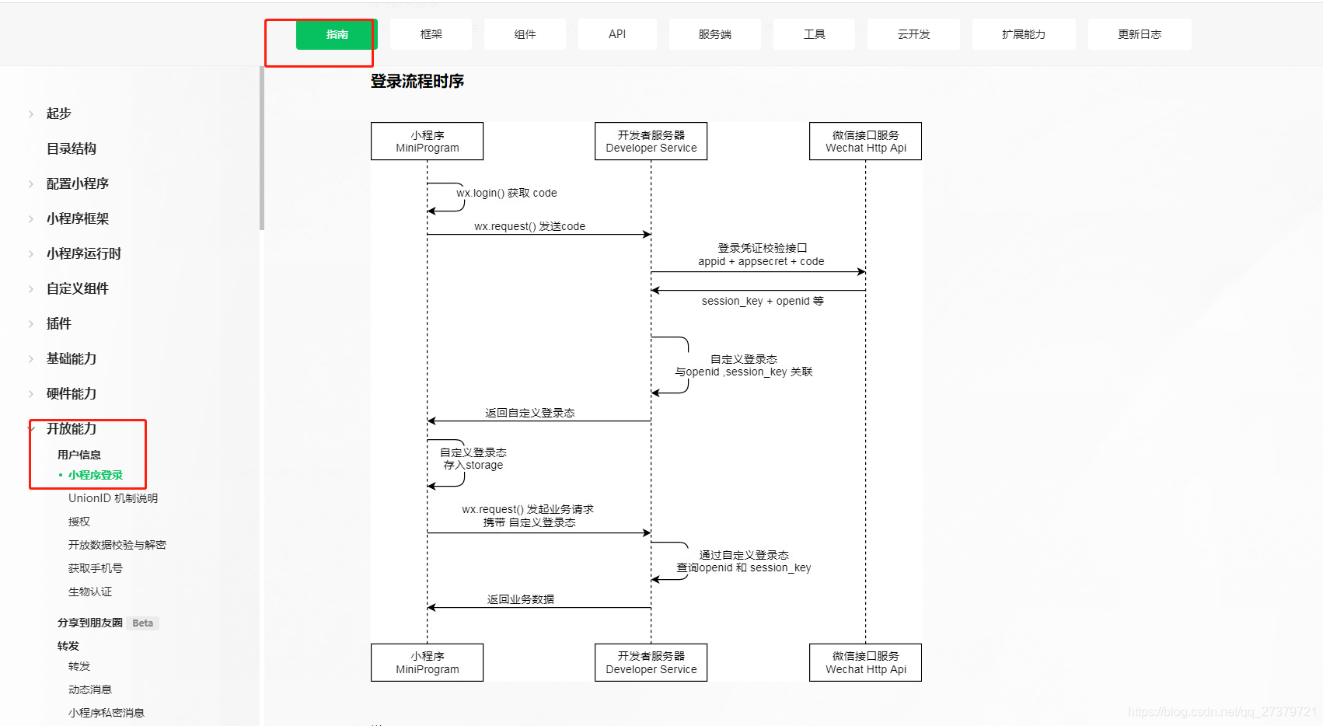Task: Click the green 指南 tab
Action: point(337,34)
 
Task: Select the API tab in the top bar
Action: point(617,34)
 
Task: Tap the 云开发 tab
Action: point(913,34)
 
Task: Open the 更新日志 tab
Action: point(1139,34)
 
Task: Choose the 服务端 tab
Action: point(714,34)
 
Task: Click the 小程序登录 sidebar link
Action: point(96,475)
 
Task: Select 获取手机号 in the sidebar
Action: point(95,568)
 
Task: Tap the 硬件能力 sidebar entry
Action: point(72,393)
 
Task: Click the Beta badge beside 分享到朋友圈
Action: point(142,623)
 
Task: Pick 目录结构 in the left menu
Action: point(72,148)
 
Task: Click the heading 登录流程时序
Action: point(417,81)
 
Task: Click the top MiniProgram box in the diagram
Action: point(427,141)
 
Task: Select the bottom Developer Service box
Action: point(651,662)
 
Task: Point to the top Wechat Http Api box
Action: point(865,141)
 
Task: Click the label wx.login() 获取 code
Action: point(507,193)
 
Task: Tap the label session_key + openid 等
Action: point(762,301)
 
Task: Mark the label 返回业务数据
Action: point(521,599)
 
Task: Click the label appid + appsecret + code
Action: point(761,261)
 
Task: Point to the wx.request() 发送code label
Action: point(529,226)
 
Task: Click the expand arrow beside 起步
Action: point(31,114)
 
